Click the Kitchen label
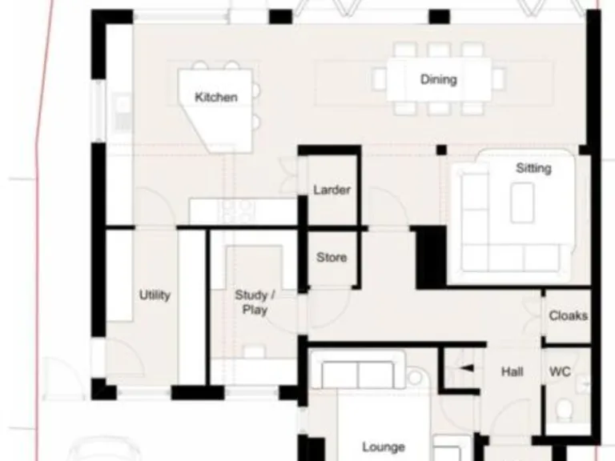[x=216, y=97]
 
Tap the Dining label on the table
[x=438, y=79]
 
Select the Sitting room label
[x=533, y=168]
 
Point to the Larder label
[x=332, y=190]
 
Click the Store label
[x=332, y=257]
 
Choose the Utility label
[x=155, y=295]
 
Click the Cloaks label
[x=568, y=315]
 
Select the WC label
[x=560, y=371]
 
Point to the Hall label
[x=512, y=371]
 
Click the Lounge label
[x=383, y=447]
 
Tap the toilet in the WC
[x=565, y=410]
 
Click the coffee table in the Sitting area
[x=522, y=202]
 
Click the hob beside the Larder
[x=237, y=210]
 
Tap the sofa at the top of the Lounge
[x=357, y=375]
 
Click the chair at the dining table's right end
[x=499, y=78]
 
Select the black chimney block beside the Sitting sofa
[x=430, y=256]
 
